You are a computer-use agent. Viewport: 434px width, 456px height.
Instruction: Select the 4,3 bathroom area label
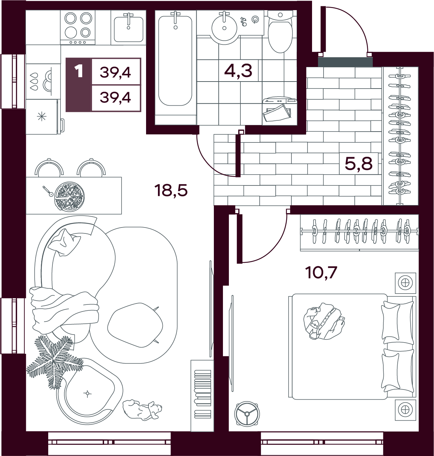(238, 70)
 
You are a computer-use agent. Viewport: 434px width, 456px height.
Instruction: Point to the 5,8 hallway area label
(359, 163)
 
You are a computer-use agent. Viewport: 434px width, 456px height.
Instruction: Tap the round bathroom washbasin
(224, 28)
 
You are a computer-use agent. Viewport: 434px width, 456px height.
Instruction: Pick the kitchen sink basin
(129, 29)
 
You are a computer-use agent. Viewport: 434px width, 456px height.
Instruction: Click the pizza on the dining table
(70, 196)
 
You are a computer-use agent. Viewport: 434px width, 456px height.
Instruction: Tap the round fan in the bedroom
(247, 414)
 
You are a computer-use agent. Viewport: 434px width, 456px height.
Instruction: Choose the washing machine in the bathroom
(280, 111)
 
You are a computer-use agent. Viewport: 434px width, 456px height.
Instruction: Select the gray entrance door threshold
(345, 62)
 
